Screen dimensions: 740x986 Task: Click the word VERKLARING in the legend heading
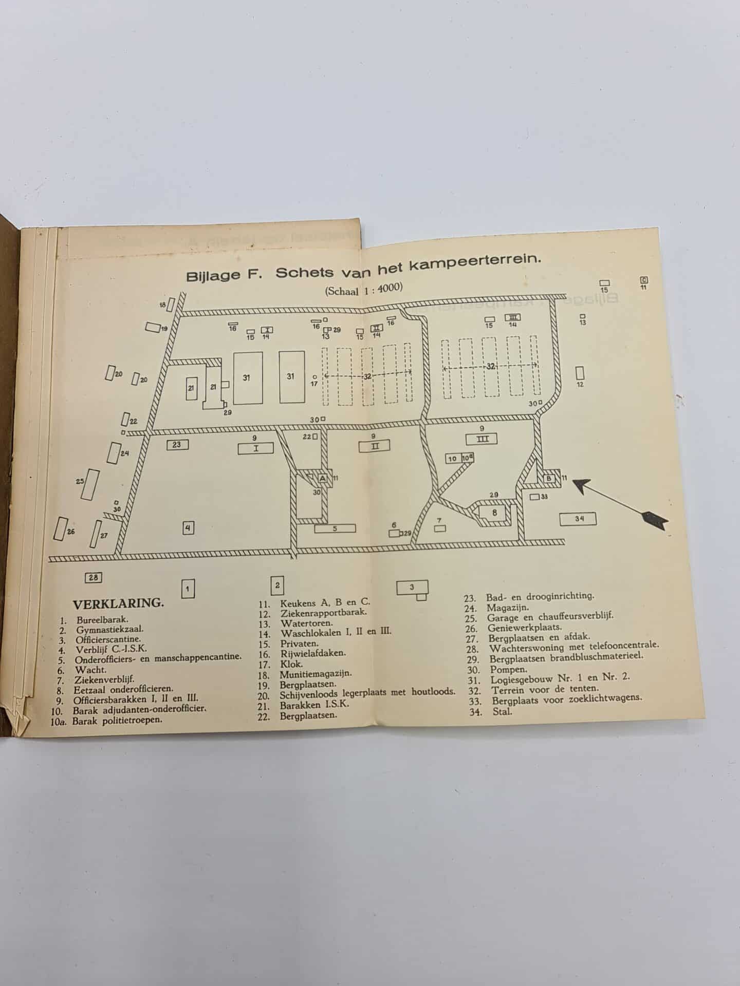tap(118, 603)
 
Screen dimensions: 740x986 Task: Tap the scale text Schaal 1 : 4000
tap(363, 289)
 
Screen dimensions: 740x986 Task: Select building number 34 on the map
tap(579, 519)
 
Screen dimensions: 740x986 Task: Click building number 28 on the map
tap(93, 577)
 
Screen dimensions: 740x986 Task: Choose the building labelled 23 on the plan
tap(177, 445)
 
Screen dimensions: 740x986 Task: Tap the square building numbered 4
tap(188, 527)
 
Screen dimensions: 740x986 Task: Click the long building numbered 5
tap(335, 528)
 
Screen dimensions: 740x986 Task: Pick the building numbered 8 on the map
tap(494, 513)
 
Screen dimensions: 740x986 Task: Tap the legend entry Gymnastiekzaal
tap(110, 630)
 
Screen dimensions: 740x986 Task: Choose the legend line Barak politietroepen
tap(117, 720)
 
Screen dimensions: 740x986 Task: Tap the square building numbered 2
tap(277, 585)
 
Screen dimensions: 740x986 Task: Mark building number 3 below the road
tap(412, 589)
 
